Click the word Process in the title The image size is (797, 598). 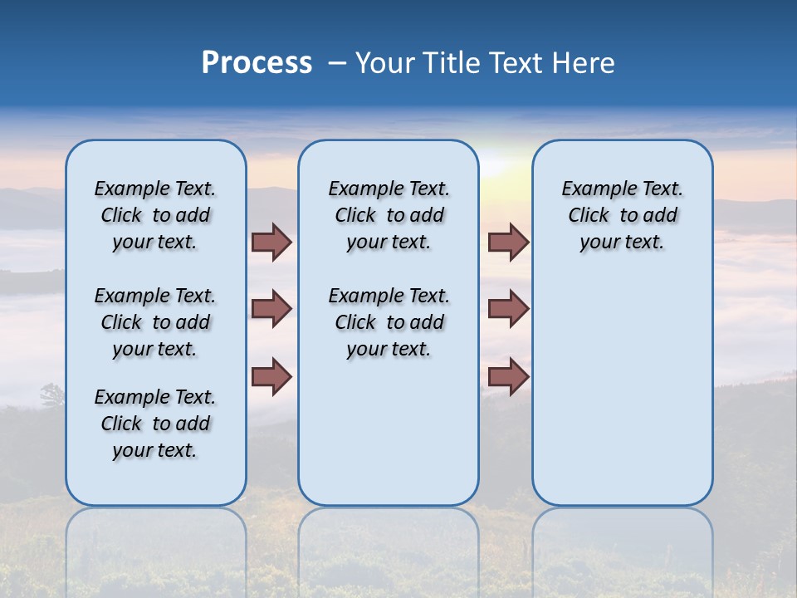click(257, 62)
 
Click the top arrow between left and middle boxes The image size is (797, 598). click(271, 242)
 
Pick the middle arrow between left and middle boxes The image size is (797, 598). click(271, 309)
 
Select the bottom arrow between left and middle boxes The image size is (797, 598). click(271, 376)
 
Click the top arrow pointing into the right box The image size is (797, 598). click(508, 242)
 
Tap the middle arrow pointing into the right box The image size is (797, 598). click(508, 309)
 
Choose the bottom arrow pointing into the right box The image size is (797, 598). click(508, 376)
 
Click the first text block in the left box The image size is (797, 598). click(155, 215)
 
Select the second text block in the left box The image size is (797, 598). click(155, 322)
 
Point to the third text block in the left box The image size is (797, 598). click(155, 424)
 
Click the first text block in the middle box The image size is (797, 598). click(389, 215)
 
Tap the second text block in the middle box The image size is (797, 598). click(389, 322)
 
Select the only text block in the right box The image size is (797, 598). click(622, 215)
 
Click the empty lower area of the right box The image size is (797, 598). click(622, 399)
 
